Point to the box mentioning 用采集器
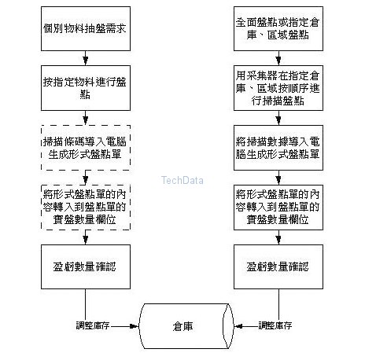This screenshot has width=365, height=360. [x=276, y=88]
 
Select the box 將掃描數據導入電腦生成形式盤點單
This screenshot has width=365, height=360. [x=276, y=146]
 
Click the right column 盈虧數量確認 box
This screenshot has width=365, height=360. [x=276, y=266]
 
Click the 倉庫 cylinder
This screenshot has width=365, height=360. [x=187, y=325]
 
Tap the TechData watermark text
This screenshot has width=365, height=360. [x=182, y=179]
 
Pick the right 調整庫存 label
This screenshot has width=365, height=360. [x=276, y=325]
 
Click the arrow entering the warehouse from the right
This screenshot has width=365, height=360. [x=247, y=325]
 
